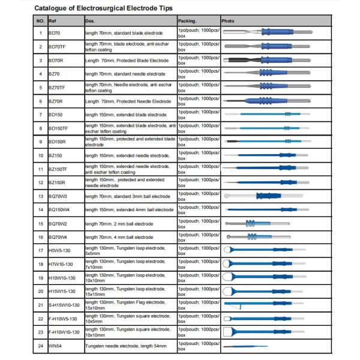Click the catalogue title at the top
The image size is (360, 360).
104,8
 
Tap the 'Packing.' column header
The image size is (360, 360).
189,20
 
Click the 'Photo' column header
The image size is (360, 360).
228,20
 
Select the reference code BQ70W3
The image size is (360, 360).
58,196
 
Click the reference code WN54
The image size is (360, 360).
55,346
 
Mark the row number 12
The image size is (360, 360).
40,182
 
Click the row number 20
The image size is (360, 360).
40,291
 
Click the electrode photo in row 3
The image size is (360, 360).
264,59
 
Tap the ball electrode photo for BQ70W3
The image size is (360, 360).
264,196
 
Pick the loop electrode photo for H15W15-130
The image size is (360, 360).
264,292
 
